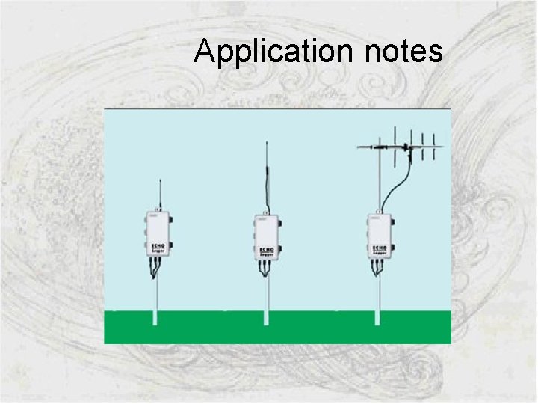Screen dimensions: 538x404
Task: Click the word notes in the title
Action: click(404, 52)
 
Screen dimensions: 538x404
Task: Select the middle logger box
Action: click(268, 236)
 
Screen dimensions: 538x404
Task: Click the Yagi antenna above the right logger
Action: click(407, 147)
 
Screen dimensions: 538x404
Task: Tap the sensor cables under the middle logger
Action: click(267, 271)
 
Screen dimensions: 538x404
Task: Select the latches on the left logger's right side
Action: click(172, 232)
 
